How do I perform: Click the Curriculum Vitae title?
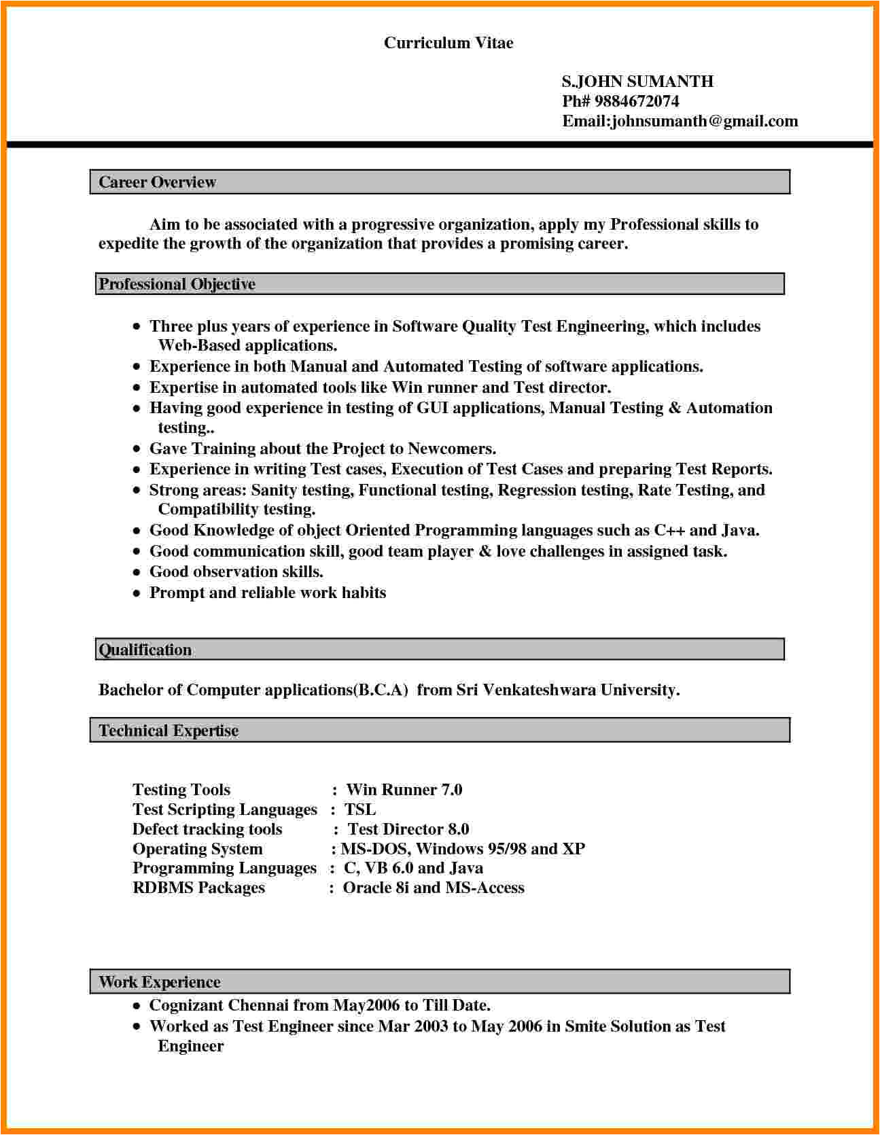click(448, 43)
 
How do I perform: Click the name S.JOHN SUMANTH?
click(637, 82)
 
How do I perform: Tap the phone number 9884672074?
click(637, 101)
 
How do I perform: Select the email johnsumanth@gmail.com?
click(705, 121)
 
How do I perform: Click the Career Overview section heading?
click(157, 182)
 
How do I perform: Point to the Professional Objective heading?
click(177, 284)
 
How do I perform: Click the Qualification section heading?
click(145, 650)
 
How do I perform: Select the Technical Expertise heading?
click(169, 731)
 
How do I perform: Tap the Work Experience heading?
click(160, 982)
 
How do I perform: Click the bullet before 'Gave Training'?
click(137, 449)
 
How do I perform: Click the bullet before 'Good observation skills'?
click(137, 572)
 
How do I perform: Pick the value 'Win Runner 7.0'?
click(404, 790)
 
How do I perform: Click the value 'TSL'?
click(360, 809)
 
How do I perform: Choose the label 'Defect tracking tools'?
click(207, 829)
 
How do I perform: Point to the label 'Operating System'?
click(197, 849)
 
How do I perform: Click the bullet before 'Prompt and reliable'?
click(137, 593)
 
